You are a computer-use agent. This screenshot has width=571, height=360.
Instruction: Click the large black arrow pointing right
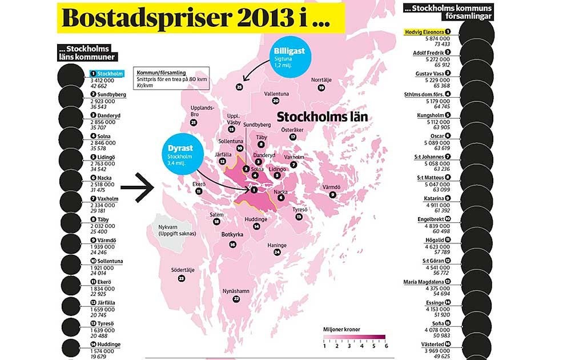(x=138, y=189)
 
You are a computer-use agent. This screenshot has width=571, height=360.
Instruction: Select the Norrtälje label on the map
(x=320, y=80)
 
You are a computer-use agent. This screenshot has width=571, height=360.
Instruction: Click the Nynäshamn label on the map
(x=236, y=291)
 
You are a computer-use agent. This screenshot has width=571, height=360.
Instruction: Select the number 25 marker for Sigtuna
(x=239, y=87)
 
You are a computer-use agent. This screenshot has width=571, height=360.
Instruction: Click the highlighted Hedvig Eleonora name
(x=424, y=33)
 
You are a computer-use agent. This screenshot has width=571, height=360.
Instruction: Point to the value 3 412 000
(x=103, y=81)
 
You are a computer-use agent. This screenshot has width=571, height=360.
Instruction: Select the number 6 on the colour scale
(x=385, y=345)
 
